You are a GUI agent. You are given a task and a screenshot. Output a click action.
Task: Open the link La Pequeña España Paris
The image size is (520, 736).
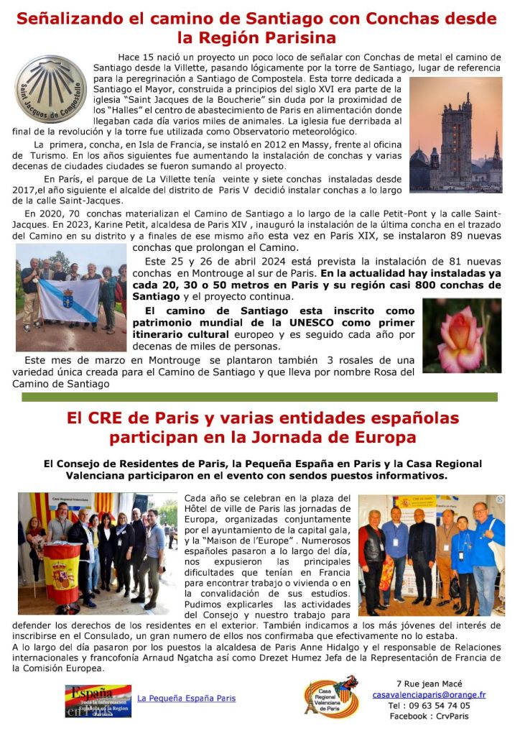pyautogui.click(x=186, y=698)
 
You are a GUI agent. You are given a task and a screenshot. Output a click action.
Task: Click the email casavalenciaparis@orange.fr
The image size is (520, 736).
pyautogui.click(x=429, y=695)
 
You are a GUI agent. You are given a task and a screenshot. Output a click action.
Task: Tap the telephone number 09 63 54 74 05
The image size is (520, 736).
pyautogui.click(x=430, y=706)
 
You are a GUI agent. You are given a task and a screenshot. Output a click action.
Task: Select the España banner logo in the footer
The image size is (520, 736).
pyautogui.click(x=98, y=701)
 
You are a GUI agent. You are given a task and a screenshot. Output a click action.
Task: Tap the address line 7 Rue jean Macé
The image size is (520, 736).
pyautogui.click(x=429, y=684)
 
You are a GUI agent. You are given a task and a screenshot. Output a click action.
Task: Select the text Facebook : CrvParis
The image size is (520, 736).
pyautogui.click(x=429, y=717)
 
